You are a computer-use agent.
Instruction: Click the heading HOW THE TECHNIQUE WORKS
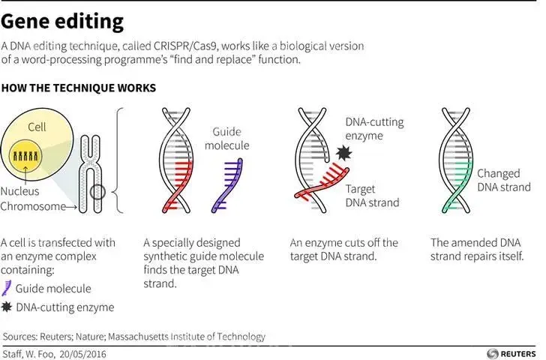pos(79,88)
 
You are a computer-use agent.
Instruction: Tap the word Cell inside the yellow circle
pos(37,127)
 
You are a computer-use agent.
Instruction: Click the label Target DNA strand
pos(372,196)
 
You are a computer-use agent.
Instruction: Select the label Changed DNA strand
pos(503,181)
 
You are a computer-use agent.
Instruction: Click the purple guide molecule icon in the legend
pos(7,288)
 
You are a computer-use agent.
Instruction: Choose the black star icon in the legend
pos(7,307)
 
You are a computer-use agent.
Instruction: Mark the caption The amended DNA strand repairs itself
pos(477,250)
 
